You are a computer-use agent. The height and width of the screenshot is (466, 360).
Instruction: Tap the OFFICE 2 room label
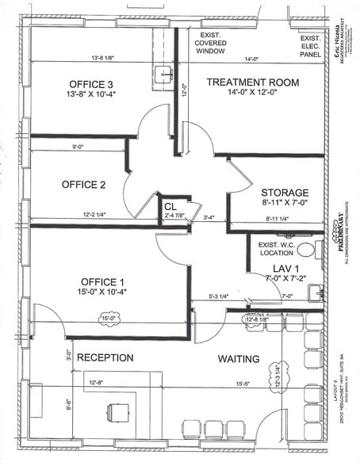(83, 185)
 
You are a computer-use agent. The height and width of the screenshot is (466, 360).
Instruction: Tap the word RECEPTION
(105, 357)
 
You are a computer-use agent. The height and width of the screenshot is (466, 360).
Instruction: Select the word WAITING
(239, 359)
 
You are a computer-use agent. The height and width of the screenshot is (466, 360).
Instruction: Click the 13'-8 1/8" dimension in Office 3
(108, 58)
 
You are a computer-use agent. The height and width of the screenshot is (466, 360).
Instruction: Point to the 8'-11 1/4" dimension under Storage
(281, 218)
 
